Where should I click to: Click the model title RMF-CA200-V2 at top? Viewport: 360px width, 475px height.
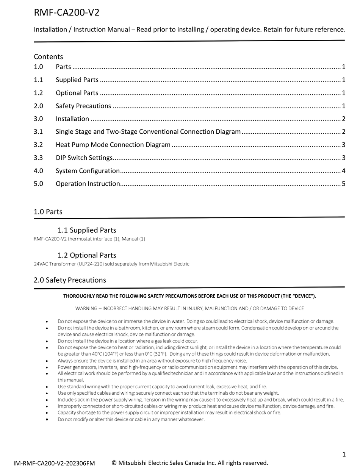(67, 12)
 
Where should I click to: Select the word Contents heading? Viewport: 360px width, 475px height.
(48, 56)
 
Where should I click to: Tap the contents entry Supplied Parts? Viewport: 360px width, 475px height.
(77, 80)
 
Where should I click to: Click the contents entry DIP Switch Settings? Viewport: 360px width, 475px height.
(84, 158)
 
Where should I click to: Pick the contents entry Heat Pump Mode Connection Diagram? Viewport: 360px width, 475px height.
(113, 145)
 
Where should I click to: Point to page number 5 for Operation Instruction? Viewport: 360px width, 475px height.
(343, 184)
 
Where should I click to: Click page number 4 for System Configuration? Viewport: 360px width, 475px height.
(343, 171)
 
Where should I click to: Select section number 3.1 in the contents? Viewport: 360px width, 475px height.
(38, 132)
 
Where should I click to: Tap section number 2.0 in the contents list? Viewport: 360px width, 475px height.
(38, 106)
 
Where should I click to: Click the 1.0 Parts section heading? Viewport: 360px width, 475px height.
(48, 212)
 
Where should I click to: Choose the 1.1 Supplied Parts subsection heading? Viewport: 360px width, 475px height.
(87, 230)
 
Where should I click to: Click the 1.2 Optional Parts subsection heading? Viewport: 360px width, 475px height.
(87, 255)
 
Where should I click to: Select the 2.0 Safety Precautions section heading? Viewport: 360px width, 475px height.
(70, 280)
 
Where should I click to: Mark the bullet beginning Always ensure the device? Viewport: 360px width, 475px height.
(152, 361)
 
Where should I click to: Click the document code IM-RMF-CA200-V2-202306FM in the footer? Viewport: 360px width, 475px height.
(54, 463)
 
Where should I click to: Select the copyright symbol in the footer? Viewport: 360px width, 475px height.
(114, 463)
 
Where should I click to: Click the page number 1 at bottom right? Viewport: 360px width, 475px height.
(344, 455)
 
